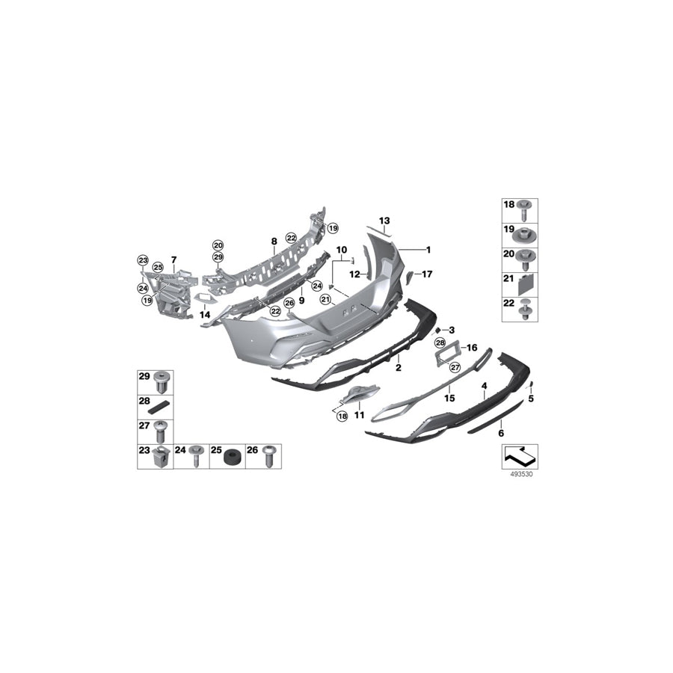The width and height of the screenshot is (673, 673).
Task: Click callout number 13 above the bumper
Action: pos(384,221)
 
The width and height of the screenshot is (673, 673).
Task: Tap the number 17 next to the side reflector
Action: pos(427,274)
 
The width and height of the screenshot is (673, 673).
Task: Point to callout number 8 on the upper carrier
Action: pos(274,242)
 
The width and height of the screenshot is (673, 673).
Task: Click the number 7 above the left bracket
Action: pos(173,259)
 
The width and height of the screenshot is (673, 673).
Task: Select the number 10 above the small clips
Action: pos(341,249)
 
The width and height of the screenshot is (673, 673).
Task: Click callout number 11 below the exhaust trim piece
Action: pos(359,414)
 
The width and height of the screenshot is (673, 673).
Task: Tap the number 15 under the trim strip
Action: pos(450,399)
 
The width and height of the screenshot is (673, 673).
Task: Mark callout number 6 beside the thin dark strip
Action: pos(501,433)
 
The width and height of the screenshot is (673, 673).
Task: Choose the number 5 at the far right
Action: pos(531,399)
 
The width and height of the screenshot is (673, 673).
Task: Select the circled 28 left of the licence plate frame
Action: pos(440,342)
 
